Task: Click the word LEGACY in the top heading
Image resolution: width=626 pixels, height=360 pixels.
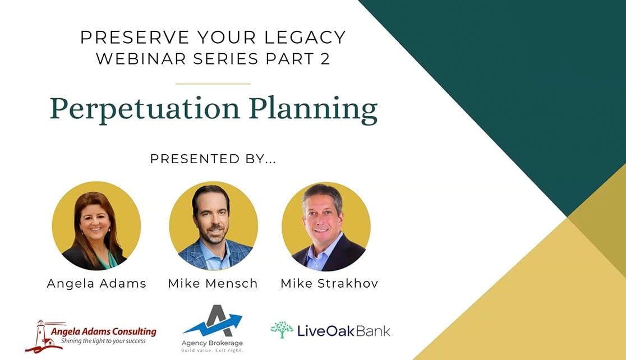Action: pos(305,38)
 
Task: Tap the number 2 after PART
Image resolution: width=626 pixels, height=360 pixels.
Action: pos(325,59)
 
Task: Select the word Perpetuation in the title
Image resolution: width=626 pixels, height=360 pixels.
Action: pos(145,108)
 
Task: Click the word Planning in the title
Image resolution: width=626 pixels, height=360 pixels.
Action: pos(314,109)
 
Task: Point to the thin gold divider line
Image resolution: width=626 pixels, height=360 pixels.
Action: pos(213,84)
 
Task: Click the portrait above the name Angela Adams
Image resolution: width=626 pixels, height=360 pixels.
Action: pos(96,226)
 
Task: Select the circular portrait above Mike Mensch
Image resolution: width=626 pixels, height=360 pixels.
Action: pos(213,226)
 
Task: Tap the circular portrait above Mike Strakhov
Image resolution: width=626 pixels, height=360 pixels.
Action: pos(326,227)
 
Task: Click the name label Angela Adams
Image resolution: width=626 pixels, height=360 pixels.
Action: pos(96,283)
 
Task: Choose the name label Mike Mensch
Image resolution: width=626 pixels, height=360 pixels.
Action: pos(213,283)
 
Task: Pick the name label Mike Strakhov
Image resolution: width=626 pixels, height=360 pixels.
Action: pos(329,283)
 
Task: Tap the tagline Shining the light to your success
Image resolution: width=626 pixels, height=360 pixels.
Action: pos(103,341)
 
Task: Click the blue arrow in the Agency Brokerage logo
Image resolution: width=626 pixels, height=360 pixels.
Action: pos(213,325)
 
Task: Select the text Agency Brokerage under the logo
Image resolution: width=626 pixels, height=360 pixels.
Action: pos(212,343)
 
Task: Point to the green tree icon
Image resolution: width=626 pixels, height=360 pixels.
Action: pos(282,330)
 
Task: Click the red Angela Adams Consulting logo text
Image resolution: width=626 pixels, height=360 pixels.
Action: pos(103,331)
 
